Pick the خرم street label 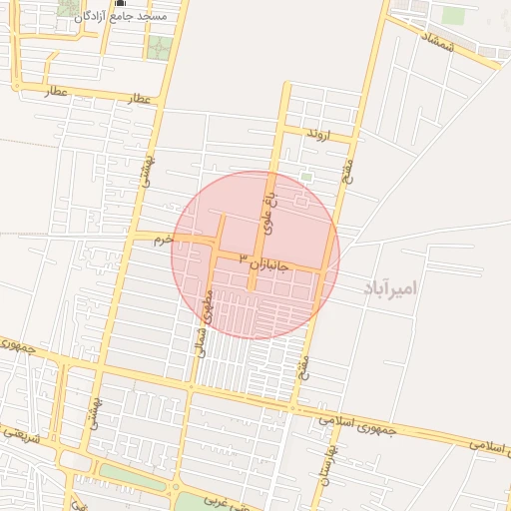pos(164,240)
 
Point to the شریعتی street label pos(22,436)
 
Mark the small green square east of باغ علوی pos(306,178)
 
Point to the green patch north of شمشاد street pos(454,16)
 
